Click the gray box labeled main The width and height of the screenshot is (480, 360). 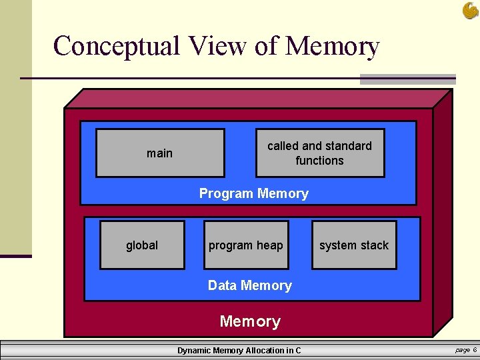pos(160,153)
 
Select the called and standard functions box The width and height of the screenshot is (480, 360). pos(320,153)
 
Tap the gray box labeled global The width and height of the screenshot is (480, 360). pos(142,245)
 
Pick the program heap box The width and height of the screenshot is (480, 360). pos(246,245)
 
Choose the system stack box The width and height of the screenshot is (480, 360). pos(354,245)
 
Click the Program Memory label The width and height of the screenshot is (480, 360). pos(254,194)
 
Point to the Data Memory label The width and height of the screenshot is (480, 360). pos(250,285)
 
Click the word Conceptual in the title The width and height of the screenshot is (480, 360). pos(117,46)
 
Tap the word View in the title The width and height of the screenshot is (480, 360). pos(218,46)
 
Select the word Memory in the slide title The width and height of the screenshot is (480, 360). pos(332,46)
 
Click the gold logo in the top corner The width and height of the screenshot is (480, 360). pos(470,10)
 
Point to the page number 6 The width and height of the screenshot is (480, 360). pos(474,350)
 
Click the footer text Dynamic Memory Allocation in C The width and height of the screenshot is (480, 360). pos(239,351)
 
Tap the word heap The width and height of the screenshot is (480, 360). pos(270,245)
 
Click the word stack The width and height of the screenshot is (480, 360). pos(374,245)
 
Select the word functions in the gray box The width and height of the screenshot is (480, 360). pos(320,161)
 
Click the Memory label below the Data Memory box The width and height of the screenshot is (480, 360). pos(250,321)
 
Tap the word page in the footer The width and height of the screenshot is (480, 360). pos(462,350)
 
